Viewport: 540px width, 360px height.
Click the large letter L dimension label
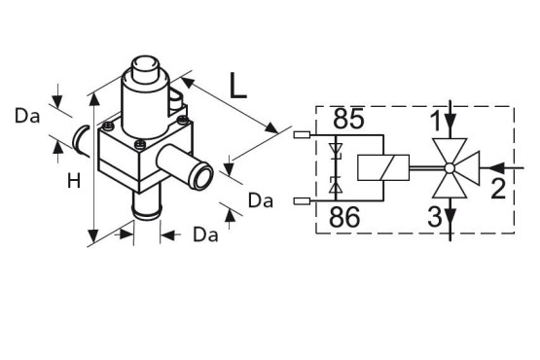(x=238, y=86)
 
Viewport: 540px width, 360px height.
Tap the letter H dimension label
(x=74, y=181)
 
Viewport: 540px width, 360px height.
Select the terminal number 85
(x=348, y=119)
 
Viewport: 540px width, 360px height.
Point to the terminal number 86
(x=344, y=217)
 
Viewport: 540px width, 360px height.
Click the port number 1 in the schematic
(x=436, y=121)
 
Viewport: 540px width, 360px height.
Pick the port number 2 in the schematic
(x=498, y=189)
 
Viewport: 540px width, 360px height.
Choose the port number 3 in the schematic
(x=434, y=217)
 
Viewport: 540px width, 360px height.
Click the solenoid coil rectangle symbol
(x=383, y=167)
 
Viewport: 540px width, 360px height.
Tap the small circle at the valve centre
(x=450, y=168)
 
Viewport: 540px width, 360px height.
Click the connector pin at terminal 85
(x=302, y=135)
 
